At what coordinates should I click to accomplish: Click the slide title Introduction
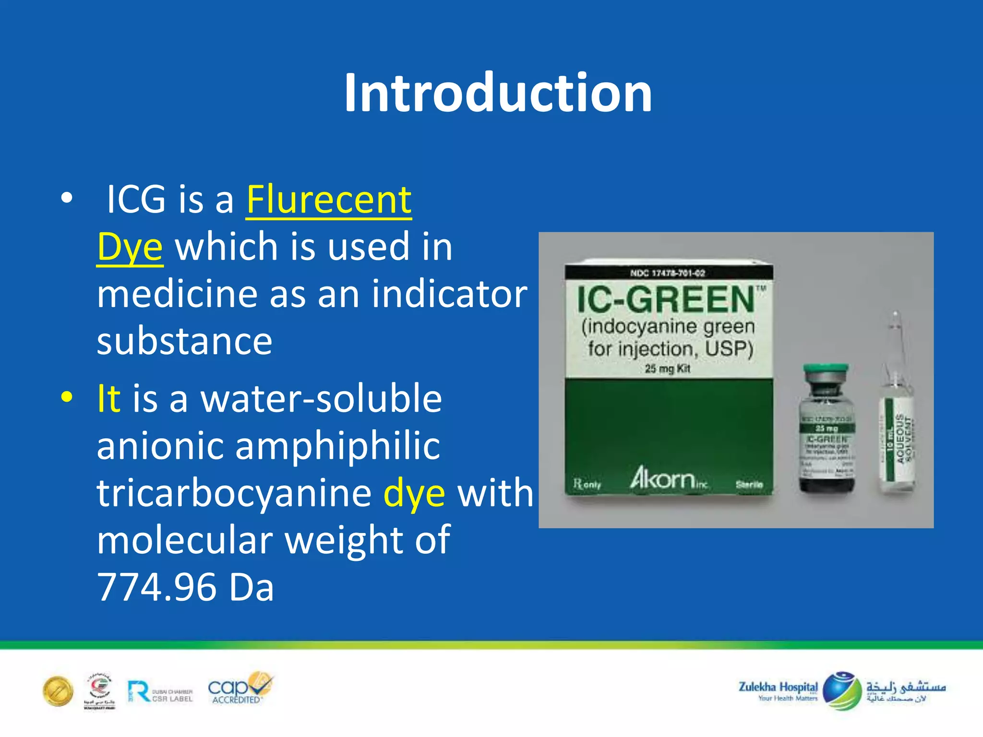498,93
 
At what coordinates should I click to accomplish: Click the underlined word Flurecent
329,200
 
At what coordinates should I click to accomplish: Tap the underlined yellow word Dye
130,247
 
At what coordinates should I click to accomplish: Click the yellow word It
108,398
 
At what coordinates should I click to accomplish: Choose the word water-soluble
321,398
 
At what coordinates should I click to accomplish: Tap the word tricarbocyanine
234,493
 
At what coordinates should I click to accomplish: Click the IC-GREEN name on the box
666,299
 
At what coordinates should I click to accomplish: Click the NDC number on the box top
668,273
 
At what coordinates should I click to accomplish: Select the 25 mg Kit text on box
668,368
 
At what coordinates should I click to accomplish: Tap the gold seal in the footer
58,691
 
